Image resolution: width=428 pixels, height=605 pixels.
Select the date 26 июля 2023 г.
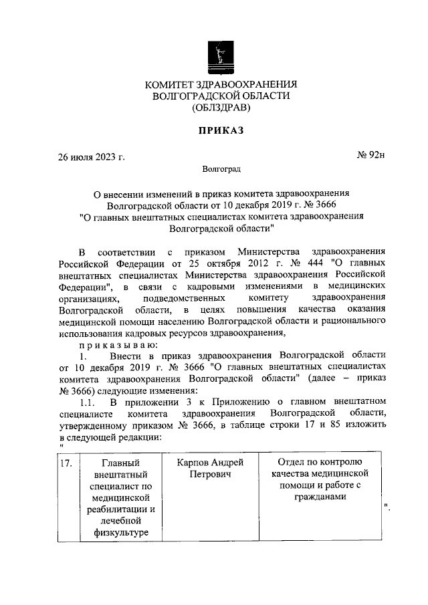(x=91, y=158)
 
